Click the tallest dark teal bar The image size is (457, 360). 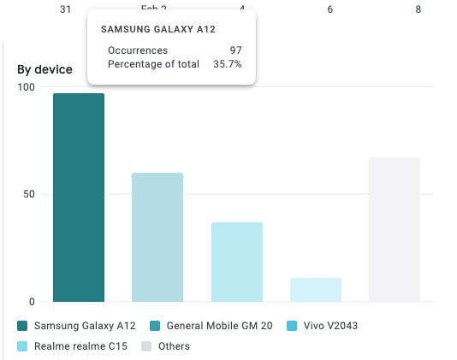(79, 197)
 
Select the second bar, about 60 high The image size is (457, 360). (157, 237)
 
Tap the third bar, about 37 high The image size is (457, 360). (236, 262)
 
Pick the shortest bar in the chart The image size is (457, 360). (316, 289)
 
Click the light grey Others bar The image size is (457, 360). (395, 229)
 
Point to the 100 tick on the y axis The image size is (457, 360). (27, 87)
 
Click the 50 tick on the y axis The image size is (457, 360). (29, 194)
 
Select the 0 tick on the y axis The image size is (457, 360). (32, 301)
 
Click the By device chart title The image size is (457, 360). (45, 69)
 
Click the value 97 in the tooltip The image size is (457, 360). (235, 50)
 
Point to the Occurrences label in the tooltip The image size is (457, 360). (138, 50)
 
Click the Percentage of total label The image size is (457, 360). (153, 64)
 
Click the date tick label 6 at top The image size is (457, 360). (330, 9)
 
